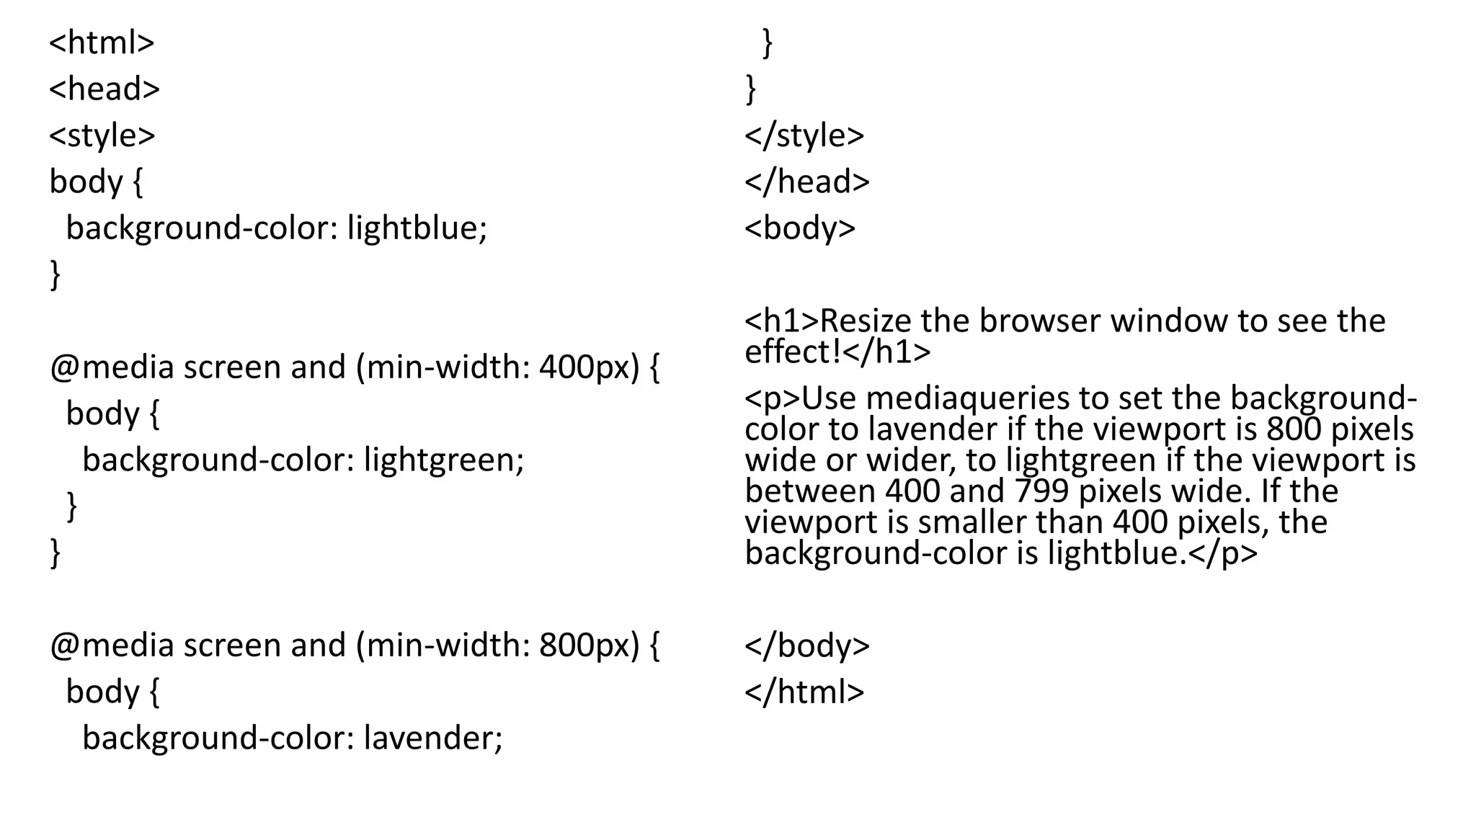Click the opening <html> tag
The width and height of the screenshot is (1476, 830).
point(102,43)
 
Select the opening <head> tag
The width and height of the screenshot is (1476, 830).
point(105,89)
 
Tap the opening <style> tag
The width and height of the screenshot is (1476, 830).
point(102,135)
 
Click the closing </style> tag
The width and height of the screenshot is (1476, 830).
point(804,135)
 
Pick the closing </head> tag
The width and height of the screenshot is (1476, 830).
point(806,182)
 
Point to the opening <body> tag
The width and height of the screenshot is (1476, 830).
point(799,228)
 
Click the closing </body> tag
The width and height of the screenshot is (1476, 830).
point(806,645)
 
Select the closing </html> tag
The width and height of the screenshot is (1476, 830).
point(804,692)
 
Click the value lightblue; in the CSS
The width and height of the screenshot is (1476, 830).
point(417,228)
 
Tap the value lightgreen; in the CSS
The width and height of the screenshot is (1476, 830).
point(443,460)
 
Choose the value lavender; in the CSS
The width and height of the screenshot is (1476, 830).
point(432,738)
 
